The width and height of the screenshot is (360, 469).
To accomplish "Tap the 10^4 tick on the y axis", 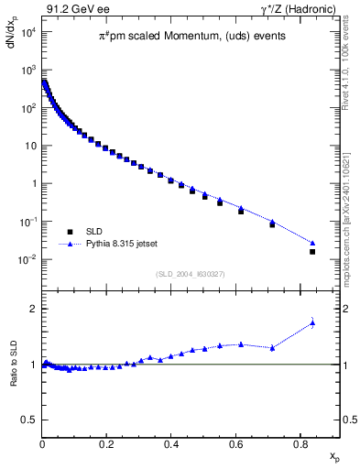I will point(27,32).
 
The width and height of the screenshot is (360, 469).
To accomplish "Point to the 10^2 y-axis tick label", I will point(27,108).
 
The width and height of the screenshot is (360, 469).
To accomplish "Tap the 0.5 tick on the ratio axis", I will point(28,420).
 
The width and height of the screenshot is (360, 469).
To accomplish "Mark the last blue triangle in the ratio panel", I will point(312,322).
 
